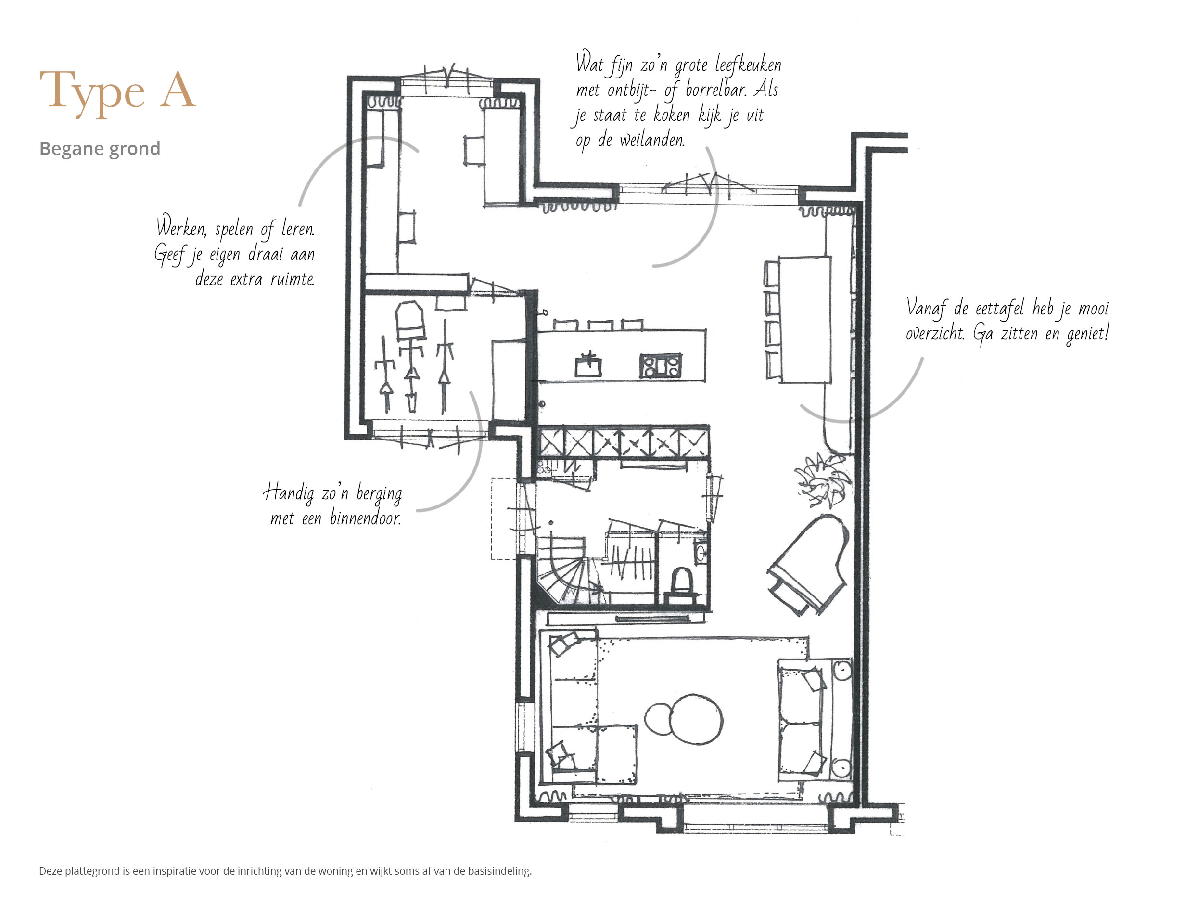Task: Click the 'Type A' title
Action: tap(117, 91)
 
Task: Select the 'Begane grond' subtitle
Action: tap(100, 148)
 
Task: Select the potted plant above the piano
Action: tap(822, 480)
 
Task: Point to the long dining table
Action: tap(805, 320)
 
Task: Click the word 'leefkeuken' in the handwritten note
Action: tap(748, 65)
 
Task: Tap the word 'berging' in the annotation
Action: tap(379, 495)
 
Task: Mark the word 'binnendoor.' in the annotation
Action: tap(366, 518)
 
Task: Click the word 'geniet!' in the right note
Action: tap(1087, 332)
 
